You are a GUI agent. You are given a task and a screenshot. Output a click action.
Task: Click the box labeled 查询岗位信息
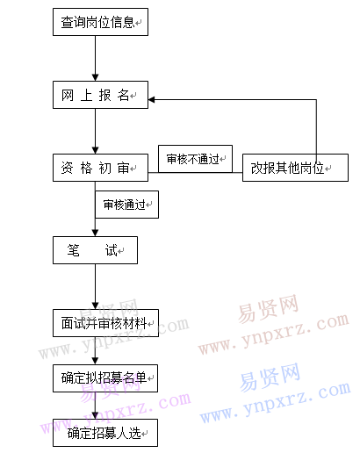(x=100, y=22)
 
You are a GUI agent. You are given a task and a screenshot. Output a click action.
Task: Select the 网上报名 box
(x=100, y=95)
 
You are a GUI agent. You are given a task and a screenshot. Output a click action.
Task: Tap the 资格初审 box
(x=100, y=168)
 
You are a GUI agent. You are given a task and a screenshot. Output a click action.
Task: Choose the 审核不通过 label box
(x=195, y=159)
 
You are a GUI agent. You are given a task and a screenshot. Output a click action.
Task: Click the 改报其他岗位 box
(x=295, y=168)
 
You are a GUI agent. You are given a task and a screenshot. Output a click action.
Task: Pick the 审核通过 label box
(x=126, y=205)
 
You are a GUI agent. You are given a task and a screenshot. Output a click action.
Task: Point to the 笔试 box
(x=95, y=250)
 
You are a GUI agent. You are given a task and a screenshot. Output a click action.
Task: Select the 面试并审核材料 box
(x=105, y=323)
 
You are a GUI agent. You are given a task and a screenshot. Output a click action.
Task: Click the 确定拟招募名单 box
(x=105, y=378)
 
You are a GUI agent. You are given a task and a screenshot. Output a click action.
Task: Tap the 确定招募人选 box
(x=105, y=433)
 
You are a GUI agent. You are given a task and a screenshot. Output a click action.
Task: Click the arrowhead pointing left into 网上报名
(x=152, y=99)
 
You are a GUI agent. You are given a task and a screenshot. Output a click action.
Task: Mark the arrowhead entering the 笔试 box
(x=95, y=233)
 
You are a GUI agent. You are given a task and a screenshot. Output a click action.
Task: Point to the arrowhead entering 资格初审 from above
(x=95, y=150)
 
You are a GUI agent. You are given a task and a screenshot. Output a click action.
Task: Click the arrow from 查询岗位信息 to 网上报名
(x=95, y=59)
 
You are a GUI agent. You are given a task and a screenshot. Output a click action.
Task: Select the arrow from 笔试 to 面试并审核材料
(x=95, y=287)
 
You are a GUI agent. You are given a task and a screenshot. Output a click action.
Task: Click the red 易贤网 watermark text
(x=269, y=308)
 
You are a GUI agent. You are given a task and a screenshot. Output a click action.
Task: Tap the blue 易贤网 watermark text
(x=270, y=377)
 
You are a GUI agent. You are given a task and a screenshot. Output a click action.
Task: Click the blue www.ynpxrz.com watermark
(x=275, y=403)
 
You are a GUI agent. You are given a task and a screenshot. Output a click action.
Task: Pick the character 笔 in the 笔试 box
(x=73, y=250)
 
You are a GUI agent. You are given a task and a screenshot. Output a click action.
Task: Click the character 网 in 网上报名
(x=68, y=95)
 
